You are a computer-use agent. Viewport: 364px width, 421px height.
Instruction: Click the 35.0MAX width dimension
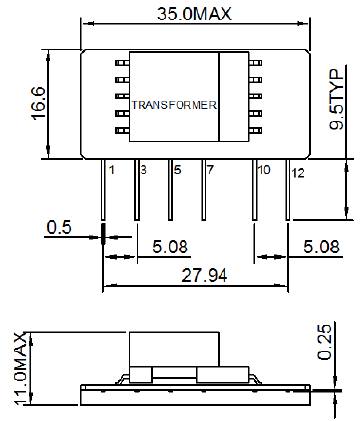point(194,14)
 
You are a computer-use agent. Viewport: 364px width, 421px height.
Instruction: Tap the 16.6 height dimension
point(39,103)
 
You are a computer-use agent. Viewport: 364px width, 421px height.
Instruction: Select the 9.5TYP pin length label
point(336,99)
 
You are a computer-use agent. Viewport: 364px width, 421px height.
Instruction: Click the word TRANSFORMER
point(174,105)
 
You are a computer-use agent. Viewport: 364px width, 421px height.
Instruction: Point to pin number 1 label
point(112,170)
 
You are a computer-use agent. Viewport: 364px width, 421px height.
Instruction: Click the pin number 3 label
point(143,170)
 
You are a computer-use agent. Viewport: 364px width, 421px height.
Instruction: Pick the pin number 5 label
point(177,170)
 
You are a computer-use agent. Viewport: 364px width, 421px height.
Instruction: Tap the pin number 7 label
point(210,170)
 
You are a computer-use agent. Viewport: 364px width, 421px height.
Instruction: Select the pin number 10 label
point(263,170)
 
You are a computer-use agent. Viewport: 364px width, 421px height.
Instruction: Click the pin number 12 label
point(298,173)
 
